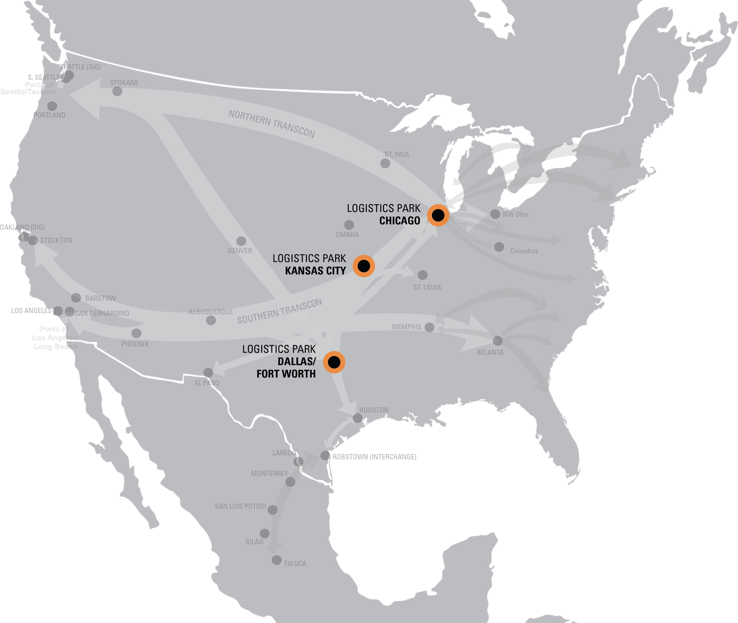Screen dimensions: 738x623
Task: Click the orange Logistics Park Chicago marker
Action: [x=438, y=215]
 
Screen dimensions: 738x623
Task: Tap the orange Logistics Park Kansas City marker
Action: [x=364, y=266]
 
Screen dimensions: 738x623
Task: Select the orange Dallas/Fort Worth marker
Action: [x=334, y=362]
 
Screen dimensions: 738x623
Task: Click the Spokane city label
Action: [x=124, y=83]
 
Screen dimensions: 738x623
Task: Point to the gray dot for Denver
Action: [x=241, y=241]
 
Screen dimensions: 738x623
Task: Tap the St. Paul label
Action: [x=397, y=154]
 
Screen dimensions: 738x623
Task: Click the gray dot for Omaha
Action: [x=349, y=225]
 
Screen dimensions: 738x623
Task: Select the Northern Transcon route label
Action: [x=272, y=124]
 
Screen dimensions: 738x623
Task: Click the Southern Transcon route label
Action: [x=280, y=311]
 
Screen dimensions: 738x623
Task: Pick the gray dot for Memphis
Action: [x=430, y=328]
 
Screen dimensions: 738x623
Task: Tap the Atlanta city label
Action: [x=490, y=352]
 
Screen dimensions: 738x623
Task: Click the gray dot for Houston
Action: [x=357, y=418]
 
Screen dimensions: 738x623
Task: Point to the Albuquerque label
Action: [x=211, y=312]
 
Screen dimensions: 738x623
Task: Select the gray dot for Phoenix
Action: [x=137, y=333]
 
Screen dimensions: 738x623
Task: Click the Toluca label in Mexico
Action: [x=295, y=564]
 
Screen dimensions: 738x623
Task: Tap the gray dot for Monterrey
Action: [x=290, y=482]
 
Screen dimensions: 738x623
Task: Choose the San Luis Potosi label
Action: [x=240, y=506]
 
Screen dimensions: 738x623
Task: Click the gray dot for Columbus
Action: [x=499, y=247]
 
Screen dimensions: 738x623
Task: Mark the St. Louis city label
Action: [x=427, y=287]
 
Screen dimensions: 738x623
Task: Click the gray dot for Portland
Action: [x=52, y=106]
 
